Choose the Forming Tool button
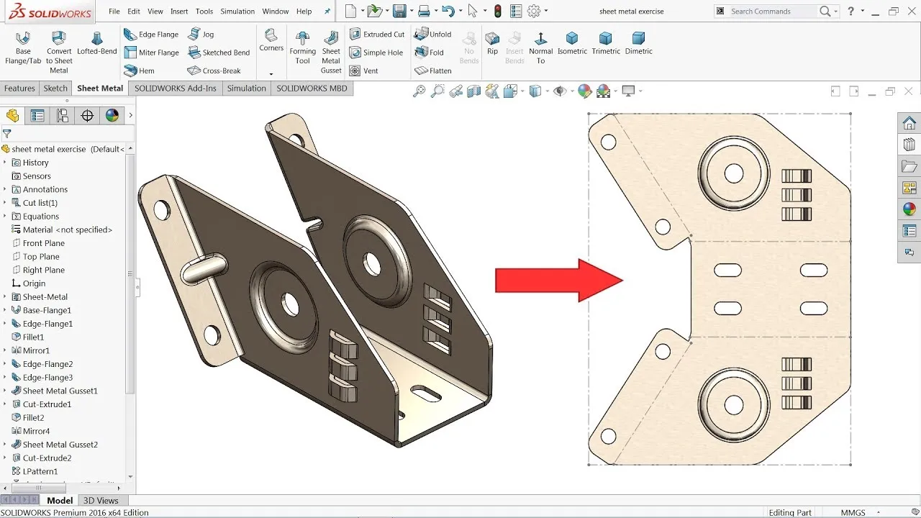303,47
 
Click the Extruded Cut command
377,35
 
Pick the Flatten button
433,71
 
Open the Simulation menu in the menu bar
237,12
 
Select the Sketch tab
55,88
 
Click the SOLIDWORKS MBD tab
312,88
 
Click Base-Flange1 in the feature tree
47,310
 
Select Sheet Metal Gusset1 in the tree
60,391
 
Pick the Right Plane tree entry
43,270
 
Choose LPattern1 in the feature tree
40,471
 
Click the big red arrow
558,280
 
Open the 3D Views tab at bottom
101,501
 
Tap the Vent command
364,71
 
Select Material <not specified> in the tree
67,230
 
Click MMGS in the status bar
853,513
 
